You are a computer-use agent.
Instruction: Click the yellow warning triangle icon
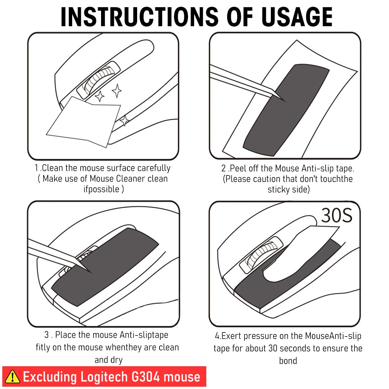pyautogui.click(x=13, y=376)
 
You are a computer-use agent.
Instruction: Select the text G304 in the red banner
pyautogui.click(x=145, y=377)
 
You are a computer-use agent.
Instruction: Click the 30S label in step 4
pyautogui.click(x=337, y=215)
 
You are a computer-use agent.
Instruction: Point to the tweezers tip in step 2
pyautogui.click(x=285, y=101)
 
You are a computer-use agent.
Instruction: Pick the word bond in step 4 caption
pyautogui.click(x=288, y=361)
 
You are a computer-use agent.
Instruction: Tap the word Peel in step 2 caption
pyautogui.click(x=238, y=168)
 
